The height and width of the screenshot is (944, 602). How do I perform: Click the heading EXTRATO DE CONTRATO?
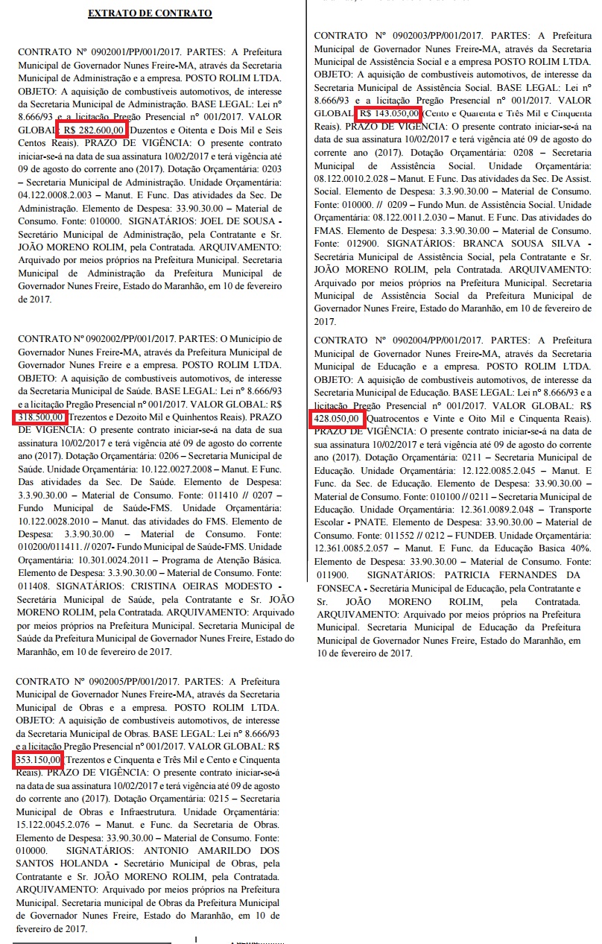[149, 13]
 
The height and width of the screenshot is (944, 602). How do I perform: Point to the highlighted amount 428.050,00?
[338, 419]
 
